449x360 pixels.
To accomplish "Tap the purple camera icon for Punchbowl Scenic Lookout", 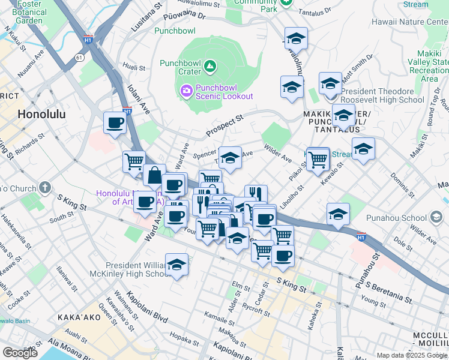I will click(x=186, y=91).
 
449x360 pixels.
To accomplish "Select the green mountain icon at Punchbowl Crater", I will click(x=209, y=66).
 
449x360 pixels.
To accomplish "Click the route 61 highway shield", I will click(x=79, y=57).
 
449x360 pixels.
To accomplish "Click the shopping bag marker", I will click(x=154, y=175).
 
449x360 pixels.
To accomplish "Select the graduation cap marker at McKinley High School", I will click(x=176, y=264).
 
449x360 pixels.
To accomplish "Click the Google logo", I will click(x=20, y=352).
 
